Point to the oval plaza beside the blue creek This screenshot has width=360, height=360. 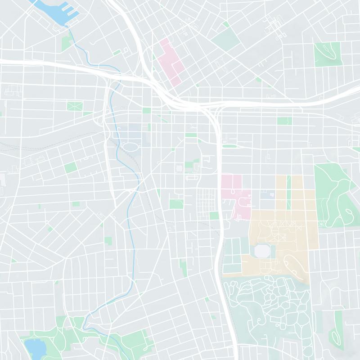(131, 147)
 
